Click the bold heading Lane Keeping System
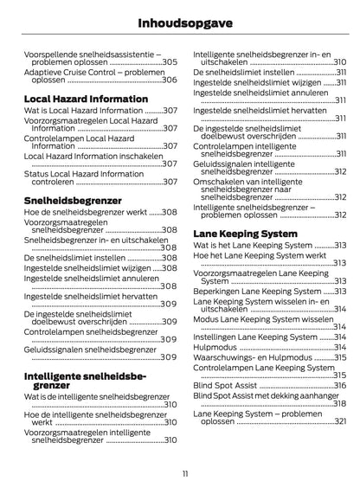click(245, 234)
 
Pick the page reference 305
click(170, 62)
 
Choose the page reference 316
click(339, 385)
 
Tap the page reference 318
click(339, 403)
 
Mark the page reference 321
click(339, 429)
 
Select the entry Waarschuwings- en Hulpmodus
click(251, 356)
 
